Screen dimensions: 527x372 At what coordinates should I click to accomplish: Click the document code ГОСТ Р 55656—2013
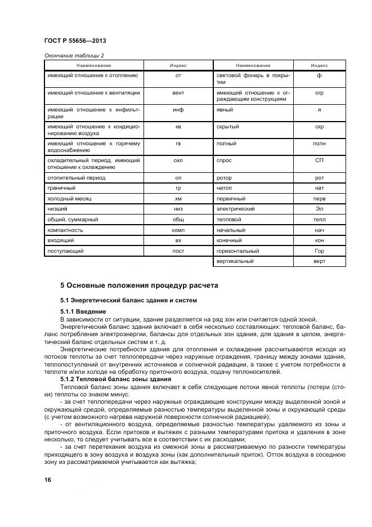click(75, 42)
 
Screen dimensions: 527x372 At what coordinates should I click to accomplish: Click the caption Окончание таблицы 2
click(74, 56)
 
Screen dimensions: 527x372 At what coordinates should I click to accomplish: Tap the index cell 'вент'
click(178, 92)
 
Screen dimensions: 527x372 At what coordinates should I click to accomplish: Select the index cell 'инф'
click(178, 110)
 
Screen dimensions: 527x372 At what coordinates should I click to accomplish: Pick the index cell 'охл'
click(178, 160)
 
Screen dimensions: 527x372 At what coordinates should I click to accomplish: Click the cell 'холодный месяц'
click(70, 198)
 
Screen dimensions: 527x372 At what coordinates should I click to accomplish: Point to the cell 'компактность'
click(66, 230)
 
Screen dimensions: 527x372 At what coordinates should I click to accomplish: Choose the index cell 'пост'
click(178, 251)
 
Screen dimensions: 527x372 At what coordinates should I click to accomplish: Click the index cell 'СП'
click(319, 160)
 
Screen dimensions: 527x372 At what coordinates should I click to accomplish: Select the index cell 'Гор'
click(319, 251)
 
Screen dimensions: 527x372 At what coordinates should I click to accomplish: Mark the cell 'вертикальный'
click(235, 261)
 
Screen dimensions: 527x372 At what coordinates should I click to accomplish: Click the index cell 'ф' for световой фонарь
click(319, 75)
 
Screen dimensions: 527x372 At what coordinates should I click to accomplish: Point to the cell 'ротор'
click(224, 177)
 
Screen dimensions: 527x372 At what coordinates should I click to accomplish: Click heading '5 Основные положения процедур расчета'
click(139, 285)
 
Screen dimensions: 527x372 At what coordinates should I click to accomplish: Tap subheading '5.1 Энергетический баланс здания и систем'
click(129, 300)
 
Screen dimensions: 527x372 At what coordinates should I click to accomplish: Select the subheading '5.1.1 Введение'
click(83, 311)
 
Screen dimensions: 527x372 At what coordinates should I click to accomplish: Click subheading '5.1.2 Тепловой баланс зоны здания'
click(111, 379)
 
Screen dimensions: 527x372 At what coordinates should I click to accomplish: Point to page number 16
click(48, 479)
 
